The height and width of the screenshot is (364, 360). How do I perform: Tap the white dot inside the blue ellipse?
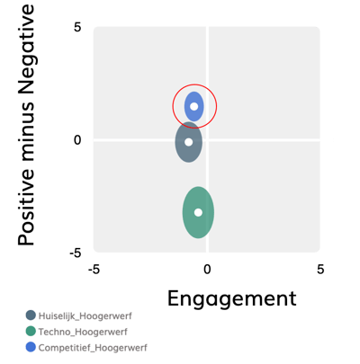[194, 106]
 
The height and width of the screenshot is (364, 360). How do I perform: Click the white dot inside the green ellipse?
[198, 212]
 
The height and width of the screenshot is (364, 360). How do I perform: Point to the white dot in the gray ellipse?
[188, 142]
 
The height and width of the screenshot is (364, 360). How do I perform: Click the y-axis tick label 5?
[77, 27]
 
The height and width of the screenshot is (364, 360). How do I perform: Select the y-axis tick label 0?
[77, 140]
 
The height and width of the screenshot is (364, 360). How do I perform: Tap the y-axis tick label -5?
[76, 253]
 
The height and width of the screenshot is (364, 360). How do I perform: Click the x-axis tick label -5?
[94, 270]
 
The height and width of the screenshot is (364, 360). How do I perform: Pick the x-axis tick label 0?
[207, 270]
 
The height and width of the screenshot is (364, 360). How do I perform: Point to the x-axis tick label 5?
[320, 270]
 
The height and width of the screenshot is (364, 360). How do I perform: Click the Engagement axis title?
[232, 298]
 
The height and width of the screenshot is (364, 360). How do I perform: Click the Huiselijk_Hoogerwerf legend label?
[85, 315]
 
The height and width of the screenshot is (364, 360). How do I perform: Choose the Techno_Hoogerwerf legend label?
[83, 332]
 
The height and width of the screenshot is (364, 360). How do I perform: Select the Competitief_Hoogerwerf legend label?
[93, 348]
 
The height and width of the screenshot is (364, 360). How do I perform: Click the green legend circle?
[31, 332]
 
